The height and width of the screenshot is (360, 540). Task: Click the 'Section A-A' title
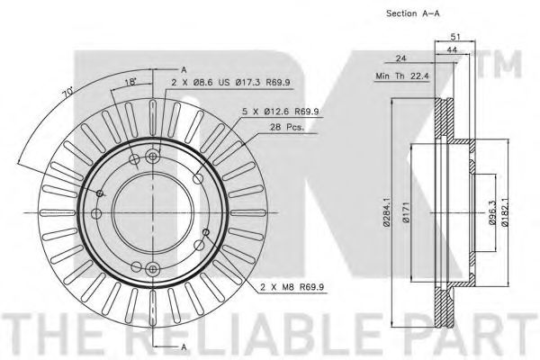[x=412, y=13]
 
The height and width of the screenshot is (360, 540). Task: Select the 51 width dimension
[x=455, y=36]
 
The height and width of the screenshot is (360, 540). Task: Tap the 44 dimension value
[x=452, y=50]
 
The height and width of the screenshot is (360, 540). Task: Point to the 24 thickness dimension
[x=400, y=58]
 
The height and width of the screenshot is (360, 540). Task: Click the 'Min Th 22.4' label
[x=402, y=76]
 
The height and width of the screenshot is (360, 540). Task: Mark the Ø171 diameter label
[x=406, y=213]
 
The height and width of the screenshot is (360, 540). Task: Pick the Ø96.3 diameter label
[x=492, y=213]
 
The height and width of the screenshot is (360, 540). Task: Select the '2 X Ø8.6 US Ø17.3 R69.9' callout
[x=230, y=82]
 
